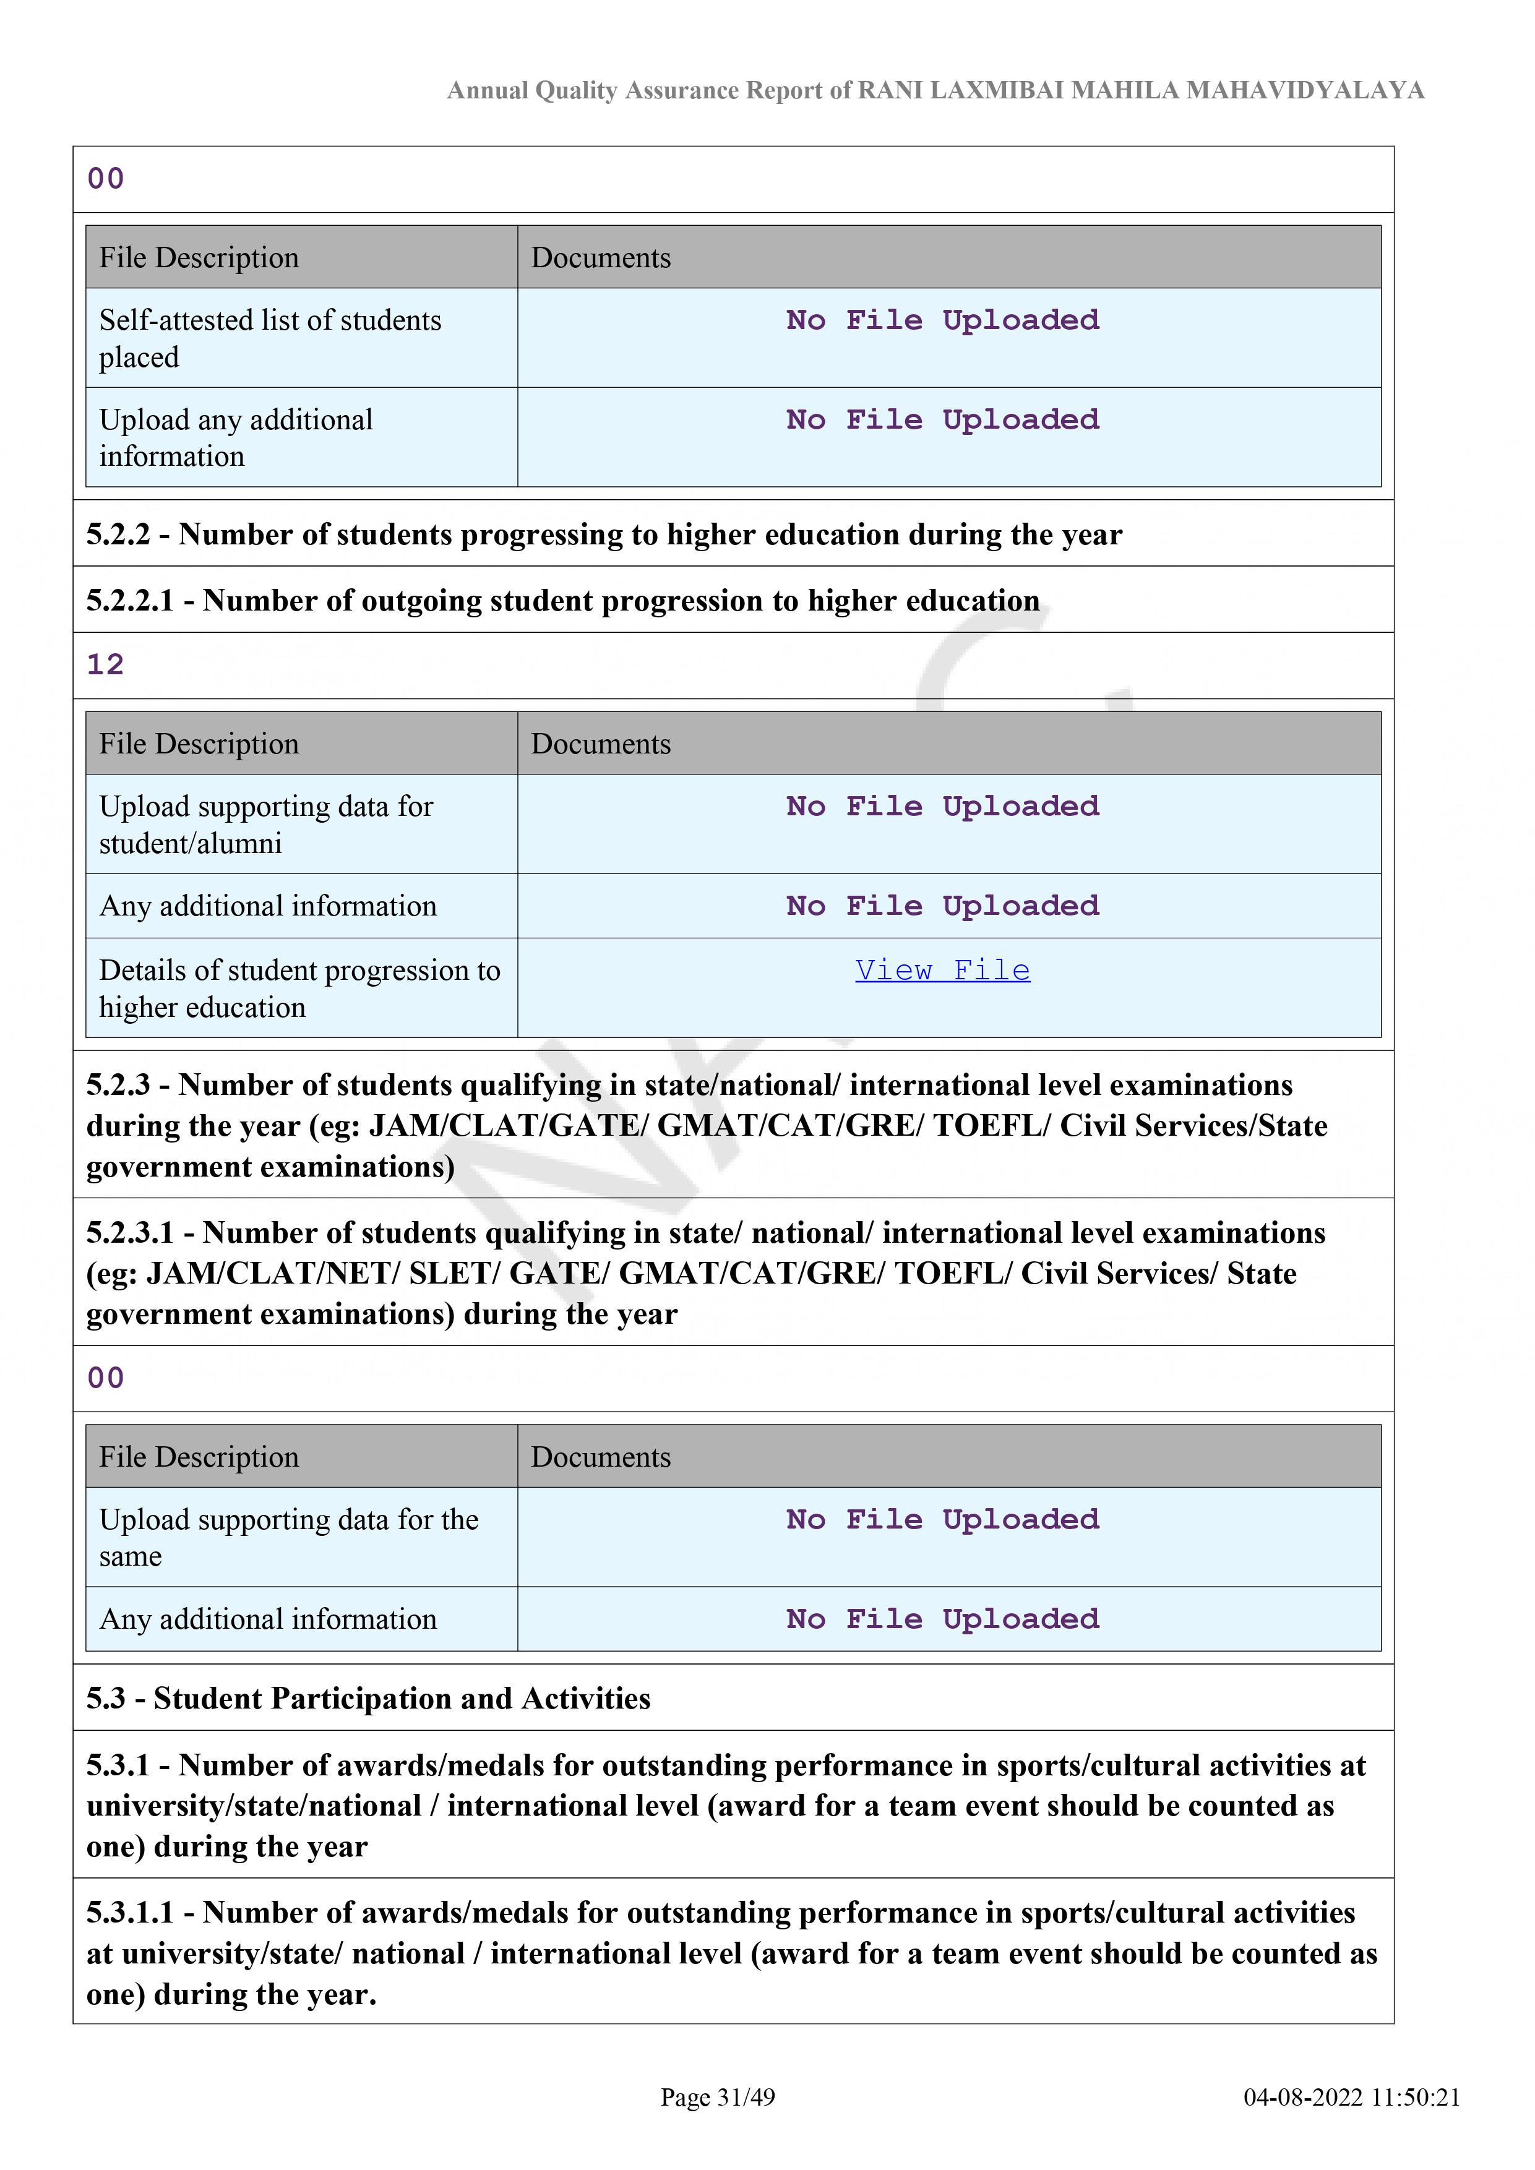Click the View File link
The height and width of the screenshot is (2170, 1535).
click(942, 971)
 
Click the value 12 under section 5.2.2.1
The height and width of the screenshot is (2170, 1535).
click(105, 666)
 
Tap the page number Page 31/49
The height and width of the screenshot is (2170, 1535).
click(718, 2097)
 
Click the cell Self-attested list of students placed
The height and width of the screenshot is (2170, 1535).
click(270, 338)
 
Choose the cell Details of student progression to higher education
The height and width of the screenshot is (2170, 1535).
click(299, 989)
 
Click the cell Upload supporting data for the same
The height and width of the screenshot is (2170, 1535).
click(288, 1538)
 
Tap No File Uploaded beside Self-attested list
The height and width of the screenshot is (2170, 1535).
click(942, 320)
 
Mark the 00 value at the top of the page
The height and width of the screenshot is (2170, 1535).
click(105, 179)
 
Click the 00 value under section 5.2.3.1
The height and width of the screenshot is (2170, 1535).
click(105, 1378)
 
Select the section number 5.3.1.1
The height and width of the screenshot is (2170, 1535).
click(131, 1913)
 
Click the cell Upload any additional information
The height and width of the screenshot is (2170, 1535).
click(236, 437)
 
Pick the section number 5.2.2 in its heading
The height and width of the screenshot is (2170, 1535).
click(118, 535)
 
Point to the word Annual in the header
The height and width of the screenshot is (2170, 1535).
click(487, 91)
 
